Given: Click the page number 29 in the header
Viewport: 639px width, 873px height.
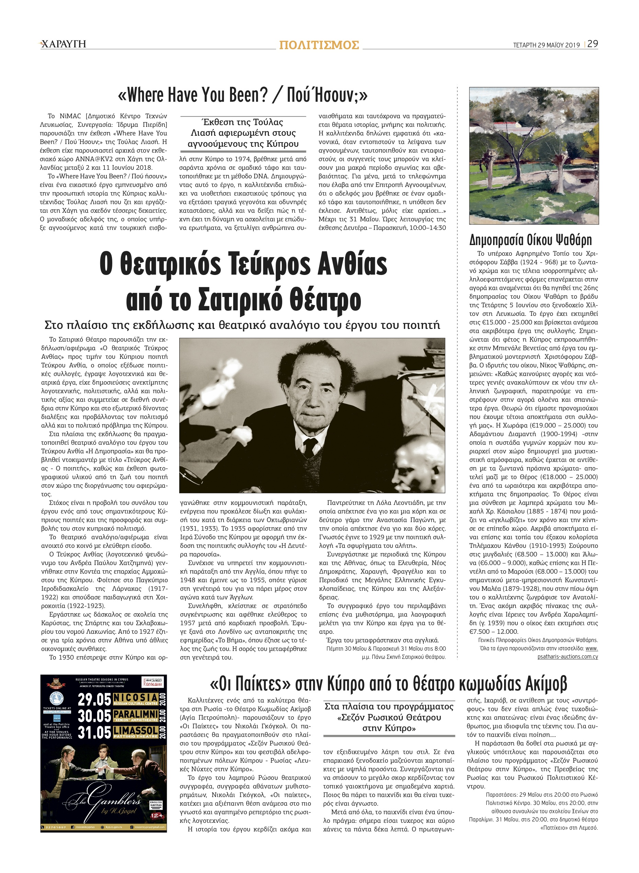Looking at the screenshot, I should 593,44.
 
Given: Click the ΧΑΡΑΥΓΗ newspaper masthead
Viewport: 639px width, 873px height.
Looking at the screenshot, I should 63,44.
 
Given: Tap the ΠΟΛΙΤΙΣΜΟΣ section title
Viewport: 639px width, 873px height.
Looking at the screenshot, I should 319,45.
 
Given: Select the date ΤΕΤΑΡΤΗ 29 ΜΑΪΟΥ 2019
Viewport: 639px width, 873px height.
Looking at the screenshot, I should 546,45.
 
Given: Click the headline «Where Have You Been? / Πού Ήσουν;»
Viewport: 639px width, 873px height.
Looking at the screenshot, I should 242,95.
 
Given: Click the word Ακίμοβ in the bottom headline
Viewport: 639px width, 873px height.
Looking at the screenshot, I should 545,684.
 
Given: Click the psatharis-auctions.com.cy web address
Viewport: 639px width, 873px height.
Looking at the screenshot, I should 568,656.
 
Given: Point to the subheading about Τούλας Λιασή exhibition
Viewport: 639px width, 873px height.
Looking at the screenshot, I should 243,133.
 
